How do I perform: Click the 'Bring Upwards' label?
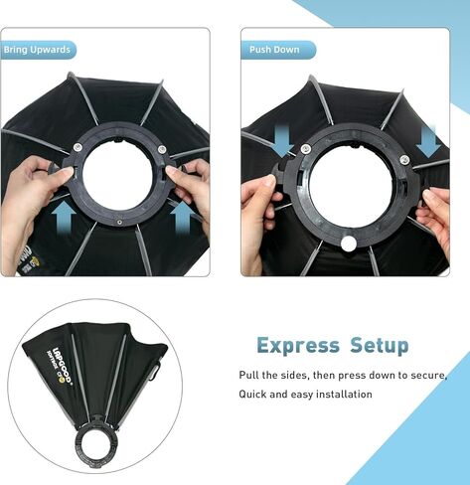click(x=38, y=50)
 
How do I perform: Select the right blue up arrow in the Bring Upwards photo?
click(x=185, y=216)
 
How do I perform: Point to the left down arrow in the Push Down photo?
click(x=281, y=140)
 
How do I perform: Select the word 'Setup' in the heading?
click(x=378, y=346)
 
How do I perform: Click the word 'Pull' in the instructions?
click(x=250, y=376)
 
